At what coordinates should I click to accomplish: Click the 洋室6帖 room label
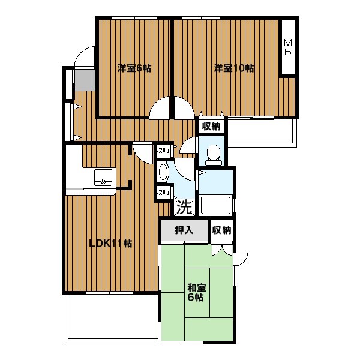click(134, 68)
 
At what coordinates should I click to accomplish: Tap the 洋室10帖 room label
click(234, 68)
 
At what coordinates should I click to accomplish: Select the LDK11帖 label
click(110, 244)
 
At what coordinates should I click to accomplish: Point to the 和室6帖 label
click(197, 292)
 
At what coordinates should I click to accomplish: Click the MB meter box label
click(288, 47)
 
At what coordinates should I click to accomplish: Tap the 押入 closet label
click(184, 230)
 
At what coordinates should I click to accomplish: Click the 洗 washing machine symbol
click(184, 207)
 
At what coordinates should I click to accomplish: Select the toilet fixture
click(214, 155)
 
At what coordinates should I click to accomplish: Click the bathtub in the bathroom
click(215, 205)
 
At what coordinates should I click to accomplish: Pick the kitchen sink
click(103, 178)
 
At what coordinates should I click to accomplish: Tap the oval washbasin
click(163, 172)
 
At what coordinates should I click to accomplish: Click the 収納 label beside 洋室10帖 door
click(211, 126)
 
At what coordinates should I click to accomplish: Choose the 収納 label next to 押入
click(221, 230)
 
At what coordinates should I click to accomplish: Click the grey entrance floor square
click(85, 80)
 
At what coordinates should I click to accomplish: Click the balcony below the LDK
click(111, 319)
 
